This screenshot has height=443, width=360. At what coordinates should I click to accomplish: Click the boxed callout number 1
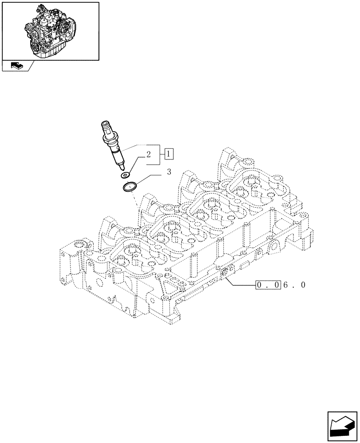tap(169, 154)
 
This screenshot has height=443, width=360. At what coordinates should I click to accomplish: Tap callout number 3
tap(168, 172)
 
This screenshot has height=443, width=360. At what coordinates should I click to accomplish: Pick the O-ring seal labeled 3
tap(129, 188)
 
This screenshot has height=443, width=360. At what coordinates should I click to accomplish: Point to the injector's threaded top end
tap(107, 128)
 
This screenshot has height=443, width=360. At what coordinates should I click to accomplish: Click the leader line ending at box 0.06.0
tap(242, 284)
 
